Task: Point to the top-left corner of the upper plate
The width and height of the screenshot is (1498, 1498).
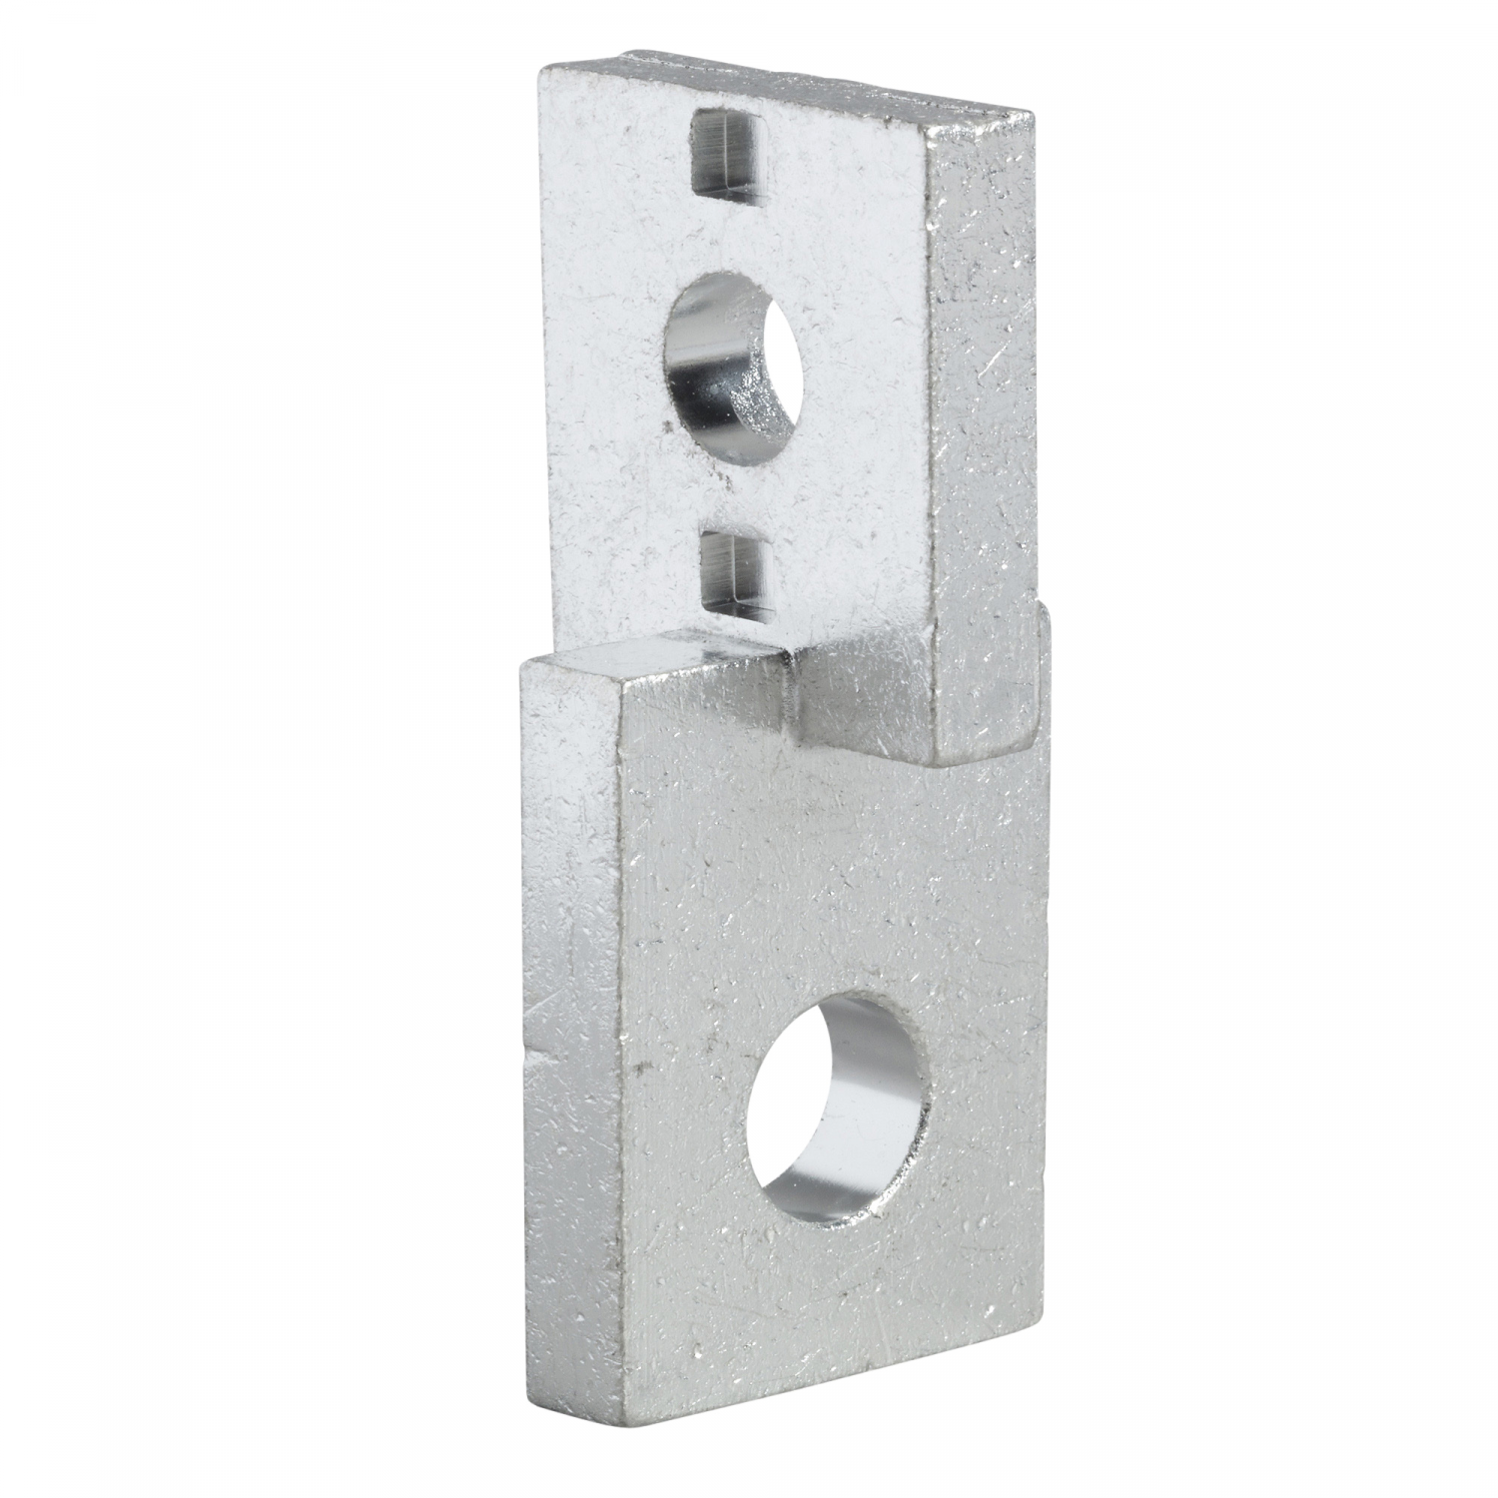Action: [x=541, y=68]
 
